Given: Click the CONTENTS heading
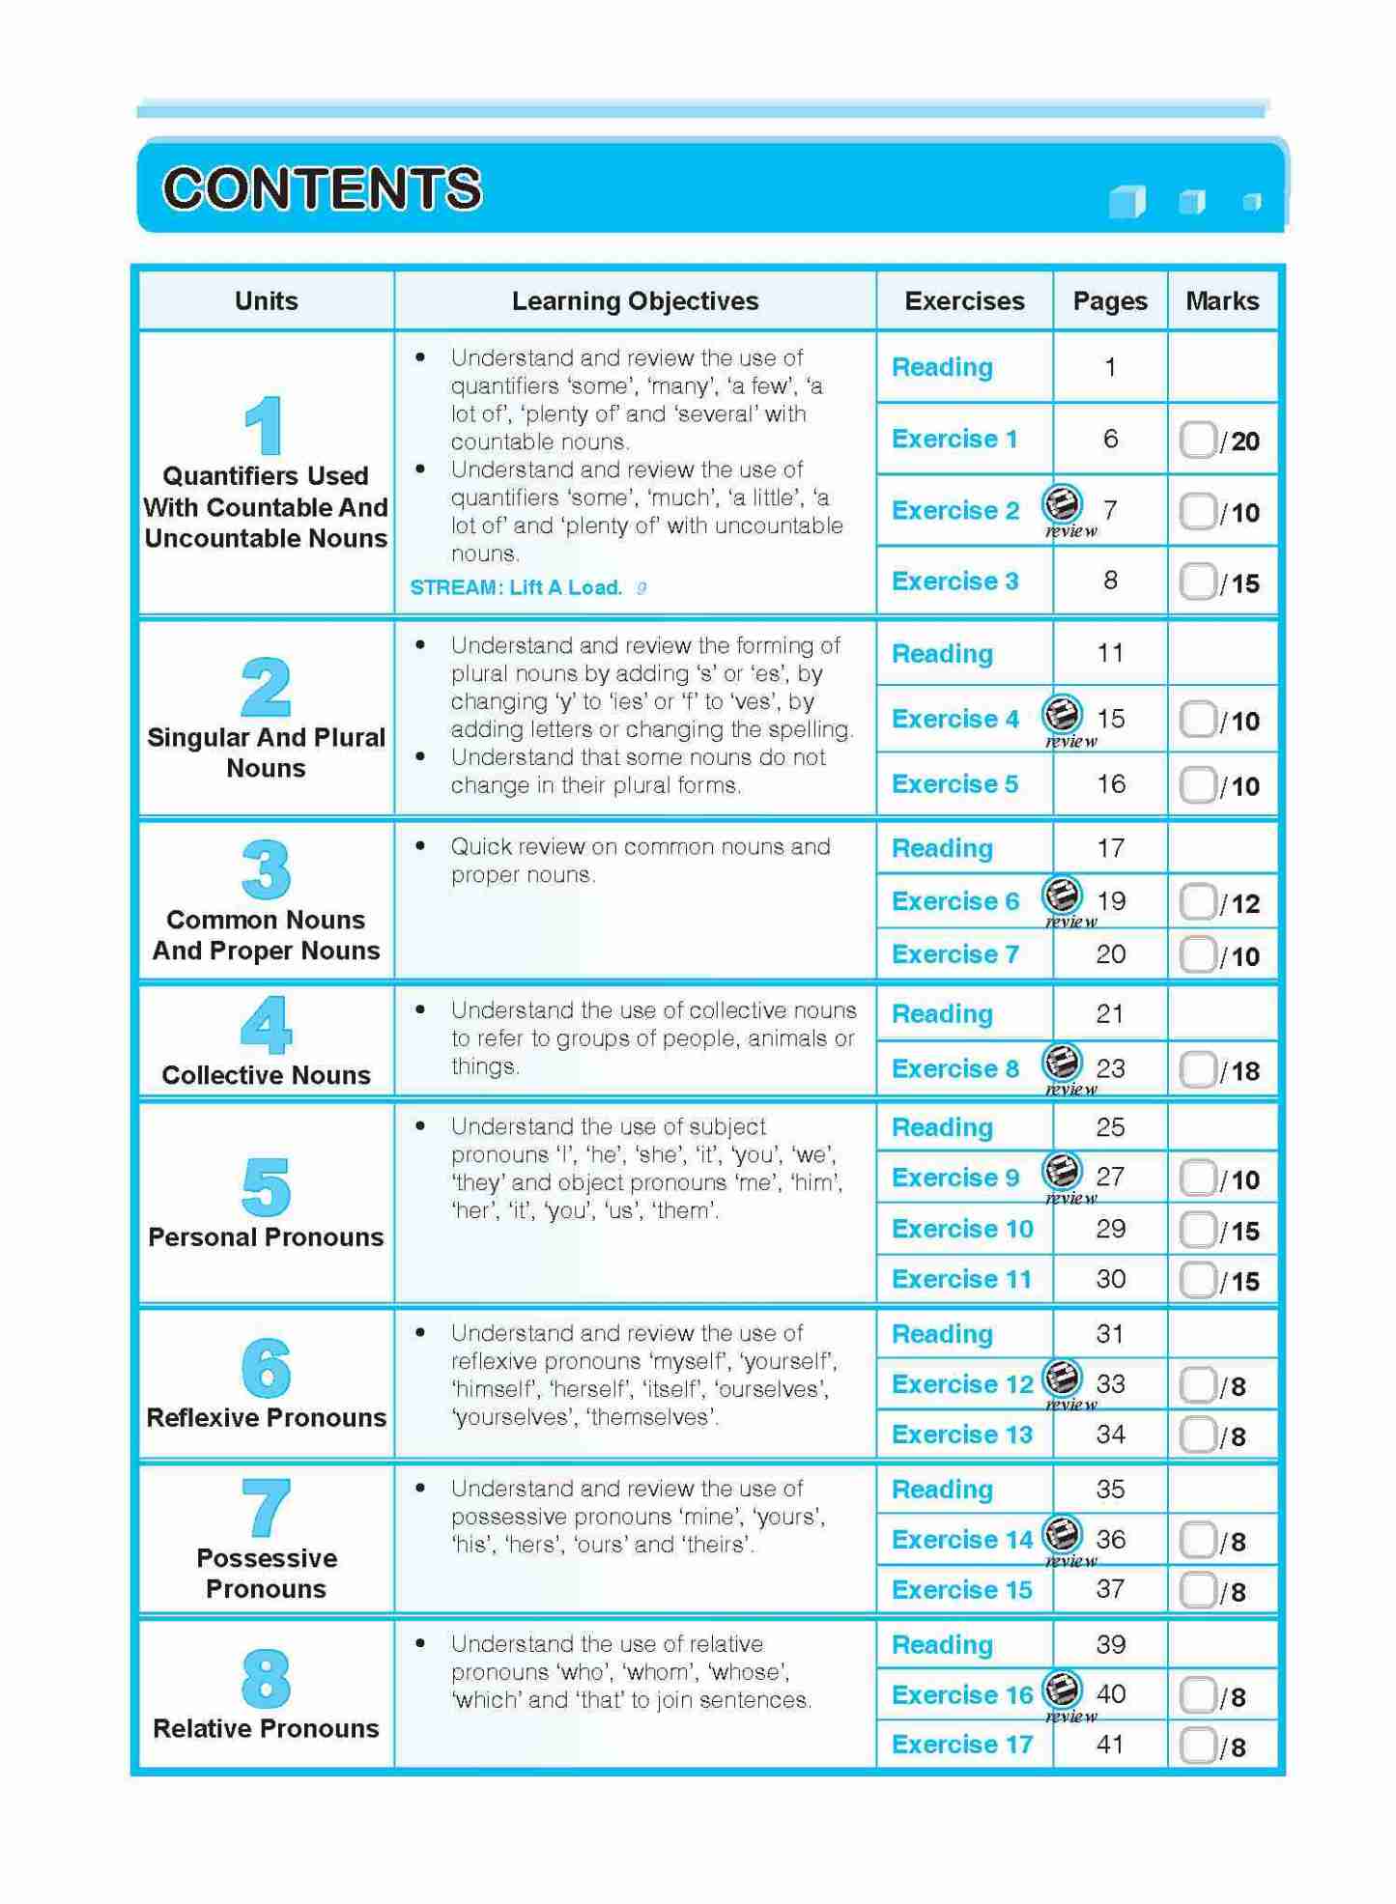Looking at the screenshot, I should click(322, 187).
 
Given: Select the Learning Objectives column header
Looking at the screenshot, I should click(635, 301).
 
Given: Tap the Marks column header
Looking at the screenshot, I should click(1221, 301).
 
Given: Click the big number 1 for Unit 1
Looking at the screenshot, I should click(263, 426).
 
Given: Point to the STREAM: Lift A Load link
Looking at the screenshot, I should click(516, 587).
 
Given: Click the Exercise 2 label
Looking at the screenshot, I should click(954, 510).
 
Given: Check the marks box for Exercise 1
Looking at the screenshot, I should click(1197, 440).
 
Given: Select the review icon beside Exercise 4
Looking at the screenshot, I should click(1062, 716).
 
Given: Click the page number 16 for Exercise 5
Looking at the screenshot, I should click(1110, 784).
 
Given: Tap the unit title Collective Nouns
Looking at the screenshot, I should click(266, 1075).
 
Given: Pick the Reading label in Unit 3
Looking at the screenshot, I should click(942, 848).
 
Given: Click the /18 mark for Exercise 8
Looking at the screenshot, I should click(1239, 1070).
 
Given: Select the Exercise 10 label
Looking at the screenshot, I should click(962, 1229).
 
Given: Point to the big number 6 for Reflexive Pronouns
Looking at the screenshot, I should click(266, 1368).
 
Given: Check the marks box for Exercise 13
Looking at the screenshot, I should click(1197, 1435).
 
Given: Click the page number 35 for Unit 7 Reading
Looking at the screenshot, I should click(1110, 1489).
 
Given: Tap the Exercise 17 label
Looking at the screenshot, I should click(962, 1744).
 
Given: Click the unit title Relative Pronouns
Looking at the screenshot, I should click(266, 1728).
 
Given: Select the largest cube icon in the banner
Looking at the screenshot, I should click(1126, 202).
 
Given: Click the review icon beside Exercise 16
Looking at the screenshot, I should click(1062, 1690).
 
